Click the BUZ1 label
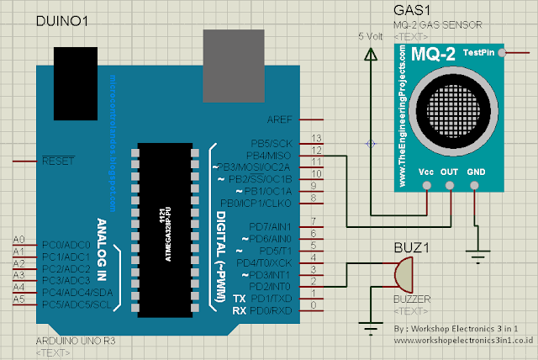pos(411,248)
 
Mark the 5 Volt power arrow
pos(370,52)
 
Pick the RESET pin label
pos(58,160)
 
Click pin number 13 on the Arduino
pos(317,138)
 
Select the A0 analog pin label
pos(19,240)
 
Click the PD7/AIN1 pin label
pos(271,227)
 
